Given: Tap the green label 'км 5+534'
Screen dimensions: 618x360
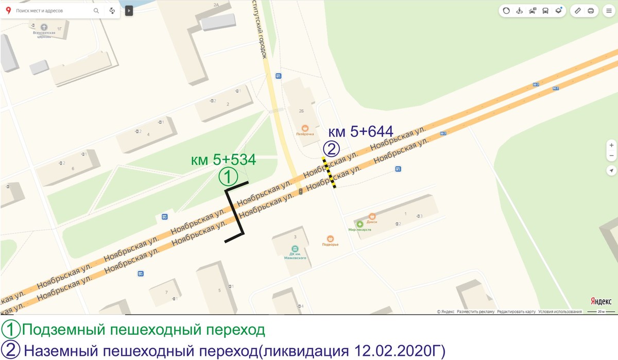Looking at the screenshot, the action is click(x=223, y=160).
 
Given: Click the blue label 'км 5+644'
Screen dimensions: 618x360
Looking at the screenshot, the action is click(x=357, y=131).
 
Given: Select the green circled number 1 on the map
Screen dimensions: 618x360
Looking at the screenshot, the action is click(x=228, y=177).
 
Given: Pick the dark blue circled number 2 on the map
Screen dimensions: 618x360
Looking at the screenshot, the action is click(x=331, y=149).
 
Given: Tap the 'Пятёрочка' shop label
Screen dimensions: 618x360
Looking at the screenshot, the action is click(x=305, y=134).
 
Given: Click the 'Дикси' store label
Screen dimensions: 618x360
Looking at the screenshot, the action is click(x=372, y=221).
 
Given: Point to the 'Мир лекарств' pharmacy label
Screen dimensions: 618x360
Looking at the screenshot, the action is click(x=359, y=229).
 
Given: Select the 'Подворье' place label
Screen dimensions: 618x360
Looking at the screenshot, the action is click(x=330, y=244).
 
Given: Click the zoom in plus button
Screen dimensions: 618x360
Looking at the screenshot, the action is click(x=611, y=145).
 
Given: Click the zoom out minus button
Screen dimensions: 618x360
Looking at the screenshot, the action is click(x=611, y=156).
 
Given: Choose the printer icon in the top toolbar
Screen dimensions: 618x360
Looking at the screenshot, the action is click(x=591, y=10).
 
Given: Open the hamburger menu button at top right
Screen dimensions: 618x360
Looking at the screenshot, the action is click(x=609, y=10).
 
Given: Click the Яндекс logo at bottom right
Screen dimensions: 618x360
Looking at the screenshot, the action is click(x=600, y=301).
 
